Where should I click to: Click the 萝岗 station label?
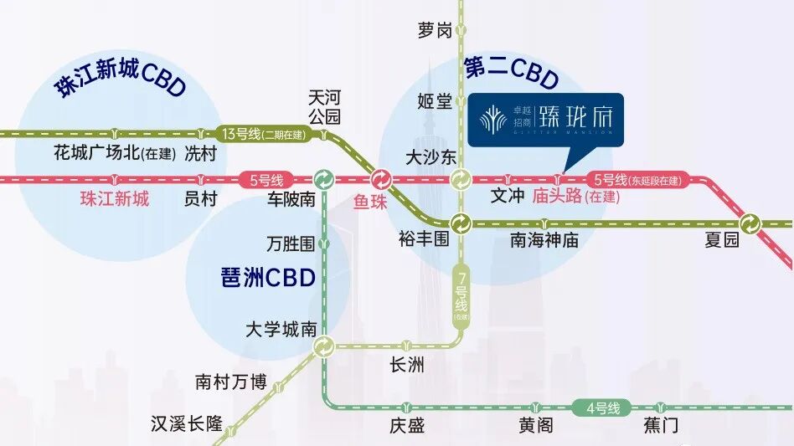click(x=434, y=31)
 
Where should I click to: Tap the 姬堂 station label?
click(x=434, y=101)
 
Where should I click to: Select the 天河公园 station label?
click(x=325, y=107)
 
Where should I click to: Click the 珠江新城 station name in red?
click(x=115, y=199)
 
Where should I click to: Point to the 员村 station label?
click(x=201, y=199)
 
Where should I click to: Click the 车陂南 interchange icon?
click(x=323, y=179)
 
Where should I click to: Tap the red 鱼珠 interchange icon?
click(x=381, y=179)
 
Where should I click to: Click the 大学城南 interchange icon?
click(x=323, y=346)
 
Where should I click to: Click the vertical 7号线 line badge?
click(x=461, y=293)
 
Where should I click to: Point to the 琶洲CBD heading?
click(x=266, y=277)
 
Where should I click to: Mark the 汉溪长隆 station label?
click(x=186, y=423)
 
